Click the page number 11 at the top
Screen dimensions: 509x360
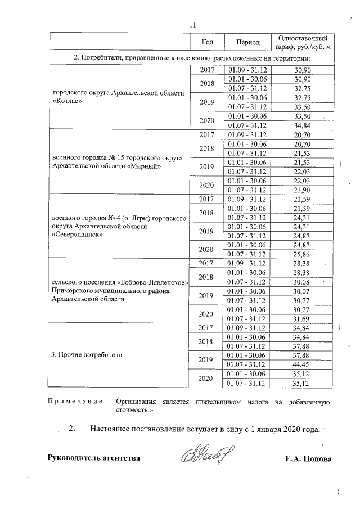click(x=192, y=25)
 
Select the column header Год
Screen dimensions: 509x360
click(x=207, y=42)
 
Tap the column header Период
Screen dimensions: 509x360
click(x=247, y=42)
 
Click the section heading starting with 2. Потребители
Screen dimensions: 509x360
click(x=191, y=58)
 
